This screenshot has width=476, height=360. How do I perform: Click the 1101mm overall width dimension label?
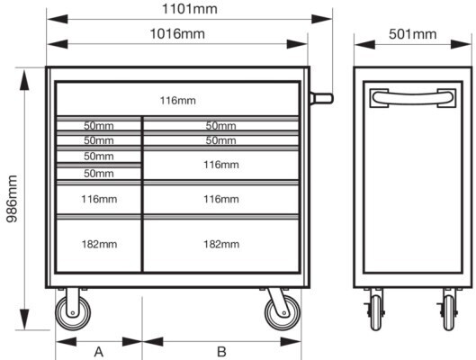click(x=190, y=9)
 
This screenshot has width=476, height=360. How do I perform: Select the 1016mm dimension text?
click(x=177, y=33)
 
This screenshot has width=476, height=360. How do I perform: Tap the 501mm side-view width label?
click(x=413, y=33)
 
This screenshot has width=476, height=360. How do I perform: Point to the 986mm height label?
click(x=13, y=199)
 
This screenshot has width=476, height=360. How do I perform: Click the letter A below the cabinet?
click(x=99, y=352)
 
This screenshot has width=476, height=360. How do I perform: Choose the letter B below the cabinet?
click(x=221, y=352)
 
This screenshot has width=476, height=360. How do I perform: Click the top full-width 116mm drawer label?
click(x=178, y=101)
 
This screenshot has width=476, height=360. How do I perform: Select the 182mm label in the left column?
click(x=99, y=244)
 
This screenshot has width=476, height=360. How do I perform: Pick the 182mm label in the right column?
click(x=221, y=244)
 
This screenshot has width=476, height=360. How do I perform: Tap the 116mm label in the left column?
click(x=99, y=199)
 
